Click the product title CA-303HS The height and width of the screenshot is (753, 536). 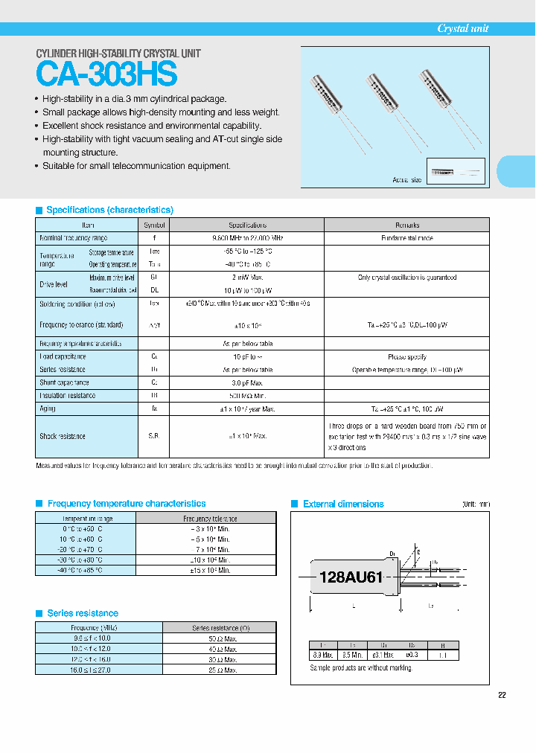[107, 75]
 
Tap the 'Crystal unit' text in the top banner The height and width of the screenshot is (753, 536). [462, 28]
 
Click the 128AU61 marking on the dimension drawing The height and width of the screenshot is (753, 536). [351, 577]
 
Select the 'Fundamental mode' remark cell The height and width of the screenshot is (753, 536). [406, 238]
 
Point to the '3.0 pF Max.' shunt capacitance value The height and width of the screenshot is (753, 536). [247, 382]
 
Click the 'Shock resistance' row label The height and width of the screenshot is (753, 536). [63, 436]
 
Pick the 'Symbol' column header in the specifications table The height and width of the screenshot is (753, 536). [155, 225]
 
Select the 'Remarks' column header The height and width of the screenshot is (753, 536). [406, 225]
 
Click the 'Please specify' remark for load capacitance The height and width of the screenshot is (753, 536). [406, 357]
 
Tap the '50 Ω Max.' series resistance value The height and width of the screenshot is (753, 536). [219, 638]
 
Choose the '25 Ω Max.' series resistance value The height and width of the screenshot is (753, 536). [219, 670]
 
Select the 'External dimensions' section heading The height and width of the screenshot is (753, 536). [343, 504]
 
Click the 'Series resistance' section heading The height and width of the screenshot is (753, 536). [83, 613]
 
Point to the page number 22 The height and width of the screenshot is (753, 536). [502, 695]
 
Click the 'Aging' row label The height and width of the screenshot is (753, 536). [48, 408]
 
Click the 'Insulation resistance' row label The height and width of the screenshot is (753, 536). [67, 396]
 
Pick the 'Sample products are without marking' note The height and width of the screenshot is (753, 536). [360, 668]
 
